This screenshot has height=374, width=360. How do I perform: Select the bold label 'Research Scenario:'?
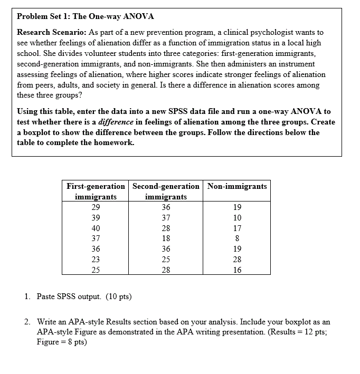point(48,33)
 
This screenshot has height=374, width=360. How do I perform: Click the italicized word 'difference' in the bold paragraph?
point(117,122)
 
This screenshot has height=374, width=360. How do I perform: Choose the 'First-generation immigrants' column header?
point(96,191)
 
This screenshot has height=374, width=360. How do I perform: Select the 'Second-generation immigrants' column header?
point(166,191)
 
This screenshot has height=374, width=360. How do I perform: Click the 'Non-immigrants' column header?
point(237,186)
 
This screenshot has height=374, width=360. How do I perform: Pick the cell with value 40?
point(96,228)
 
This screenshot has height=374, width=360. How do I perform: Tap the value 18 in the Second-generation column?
point(166,239)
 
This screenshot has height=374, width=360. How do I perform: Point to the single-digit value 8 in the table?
point(237,239)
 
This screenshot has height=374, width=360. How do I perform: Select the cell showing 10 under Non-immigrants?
point(237,218)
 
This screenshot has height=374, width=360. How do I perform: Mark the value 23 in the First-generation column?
point(96,260)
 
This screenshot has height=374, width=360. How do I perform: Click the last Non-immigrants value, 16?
point(237,270)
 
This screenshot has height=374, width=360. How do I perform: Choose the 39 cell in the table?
point(96,218)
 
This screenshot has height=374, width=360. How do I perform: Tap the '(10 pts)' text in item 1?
point(116,296)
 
